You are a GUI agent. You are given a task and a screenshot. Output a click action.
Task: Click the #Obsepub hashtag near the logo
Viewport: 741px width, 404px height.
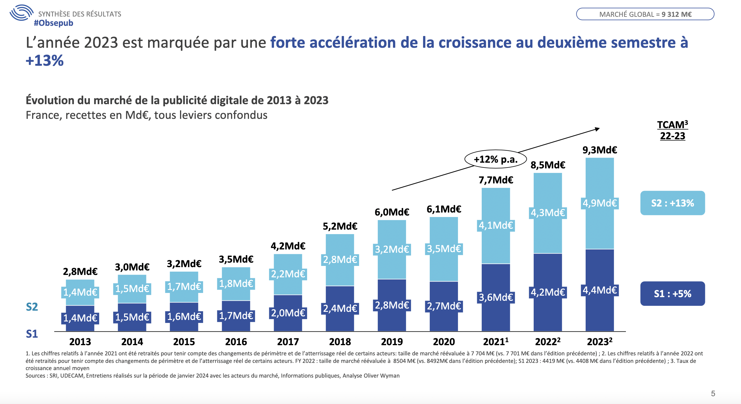click(x=53, y=23)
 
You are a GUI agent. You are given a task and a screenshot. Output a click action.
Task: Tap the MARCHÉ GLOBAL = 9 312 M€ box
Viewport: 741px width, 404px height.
click(x=645, y=14)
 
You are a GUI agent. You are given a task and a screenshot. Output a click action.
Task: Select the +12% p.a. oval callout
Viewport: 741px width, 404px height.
click(x=496, y=159)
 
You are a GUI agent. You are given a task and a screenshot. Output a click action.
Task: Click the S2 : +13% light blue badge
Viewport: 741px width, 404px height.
click(x=672, y=203)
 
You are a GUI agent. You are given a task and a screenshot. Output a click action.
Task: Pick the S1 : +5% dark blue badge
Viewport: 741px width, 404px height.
click(x=672, y=294)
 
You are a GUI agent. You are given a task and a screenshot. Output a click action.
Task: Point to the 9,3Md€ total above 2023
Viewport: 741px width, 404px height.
click(x=599, y=150)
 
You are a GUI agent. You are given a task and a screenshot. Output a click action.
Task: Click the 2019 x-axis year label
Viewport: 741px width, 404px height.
click(x=392, y=342)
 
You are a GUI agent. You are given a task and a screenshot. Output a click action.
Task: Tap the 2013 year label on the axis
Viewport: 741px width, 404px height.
click(x=80, y=342)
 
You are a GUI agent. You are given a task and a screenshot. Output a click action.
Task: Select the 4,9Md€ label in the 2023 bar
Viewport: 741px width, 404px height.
click(x=599, y=203)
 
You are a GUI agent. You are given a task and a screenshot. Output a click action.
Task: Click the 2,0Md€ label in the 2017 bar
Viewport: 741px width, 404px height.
click(x=288, y=313)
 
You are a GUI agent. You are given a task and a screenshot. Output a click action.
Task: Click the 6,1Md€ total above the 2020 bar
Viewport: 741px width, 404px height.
click(x=444, y=209)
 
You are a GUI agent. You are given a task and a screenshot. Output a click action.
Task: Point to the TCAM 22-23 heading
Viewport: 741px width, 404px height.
click(x=672, y=130)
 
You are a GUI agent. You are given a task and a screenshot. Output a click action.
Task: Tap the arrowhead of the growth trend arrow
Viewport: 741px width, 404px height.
click(x=597, y=129)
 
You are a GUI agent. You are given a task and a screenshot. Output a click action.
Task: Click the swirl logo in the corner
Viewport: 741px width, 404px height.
click(x=21, y=13)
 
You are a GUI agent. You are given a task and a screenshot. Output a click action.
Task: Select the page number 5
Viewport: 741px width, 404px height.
click(x=713, y=393)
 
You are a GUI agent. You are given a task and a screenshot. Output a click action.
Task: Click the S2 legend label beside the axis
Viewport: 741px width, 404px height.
click(x=32, y=307)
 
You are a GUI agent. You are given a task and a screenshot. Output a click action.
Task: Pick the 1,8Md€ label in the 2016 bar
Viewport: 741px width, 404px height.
click(x=236, y=284)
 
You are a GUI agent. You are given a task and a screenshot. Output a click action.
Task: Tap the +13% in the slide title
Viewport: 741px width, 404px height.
click(x=45, y=61)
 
